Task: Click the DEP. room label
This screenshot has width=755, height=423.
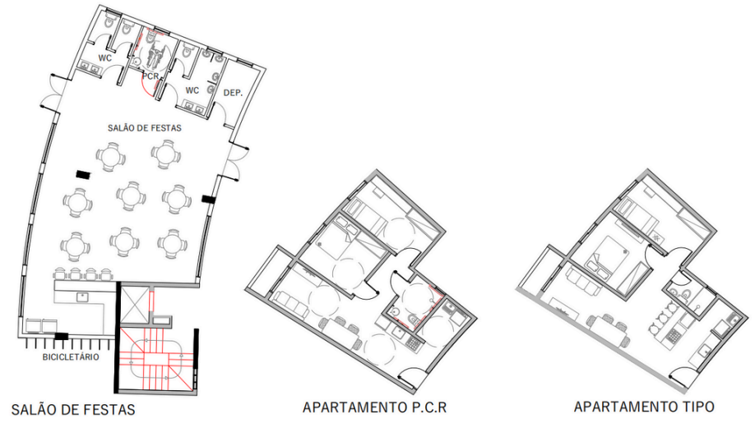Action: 233,93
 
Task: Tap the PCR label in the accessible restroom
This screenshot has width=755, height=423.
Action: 151,76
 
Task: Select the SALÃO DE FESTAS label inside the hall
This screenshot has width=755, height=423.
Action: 145,128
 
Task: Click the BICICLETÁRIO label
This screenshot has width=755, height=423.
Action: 71,357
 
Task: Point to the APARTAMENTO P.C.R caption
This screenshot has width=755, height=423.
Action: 374,407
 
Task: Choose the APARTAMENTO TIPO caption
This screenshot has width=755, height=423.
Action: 644,407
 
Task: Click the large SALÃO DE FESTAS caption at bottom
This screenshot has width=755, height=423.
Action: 73,410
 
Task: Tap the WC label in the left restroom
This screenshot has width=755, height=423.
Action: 105,58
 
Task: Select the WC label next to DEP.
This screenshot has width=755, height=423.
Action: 192,90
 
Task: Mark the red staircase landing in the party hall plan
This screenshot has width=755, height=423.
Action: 156,358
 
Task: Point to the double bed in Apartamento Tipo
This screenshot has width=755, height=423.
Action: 608,260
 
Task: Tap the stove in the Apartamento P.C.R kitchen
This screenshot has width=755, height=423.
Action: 414,343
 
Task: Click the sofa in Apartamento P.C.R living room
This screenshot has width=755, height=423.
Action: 292,304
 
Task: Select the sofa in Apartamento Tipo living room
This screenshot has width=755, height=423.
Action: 582,282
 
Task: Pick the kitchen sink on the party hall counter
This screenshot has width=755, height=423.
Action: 83,297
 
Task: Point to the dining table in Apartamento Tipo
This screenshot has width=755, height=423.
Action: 608,331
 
